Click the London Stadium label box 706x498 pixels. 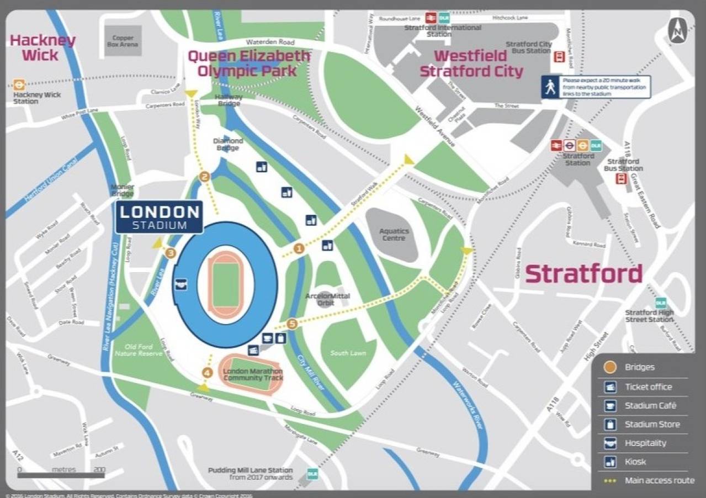(x=159, y=217)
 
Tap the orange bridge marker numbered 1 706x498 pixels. (x=299, y=248)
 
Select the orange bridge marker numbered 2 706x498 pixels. (x=205, y=177)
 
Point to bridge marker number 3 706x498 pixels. (x=171, y=253)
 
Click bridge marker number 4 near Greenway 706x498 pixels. (x=208, y=373)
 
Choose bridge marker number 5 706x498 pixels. (x=292, y=324)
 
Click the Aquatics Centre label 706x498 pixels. (x=394, y=234)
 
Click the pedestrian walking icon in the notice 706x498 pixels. (x=550, y=87)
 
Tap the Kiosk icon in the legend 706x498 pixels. (x=610, y=462)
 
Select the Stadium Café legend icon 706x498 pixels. (x=610, y=405)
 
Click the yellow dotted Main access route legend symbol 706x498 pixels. (x=610, y=480)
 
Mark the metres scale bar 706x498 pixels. (x=61, y=474)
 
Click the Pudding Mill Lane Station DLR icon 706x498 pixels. (x=312, y=473)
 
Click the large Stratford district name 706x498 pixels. (x=583, y=274)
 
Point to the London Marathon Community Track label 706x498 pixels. (x=253, y=374)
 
